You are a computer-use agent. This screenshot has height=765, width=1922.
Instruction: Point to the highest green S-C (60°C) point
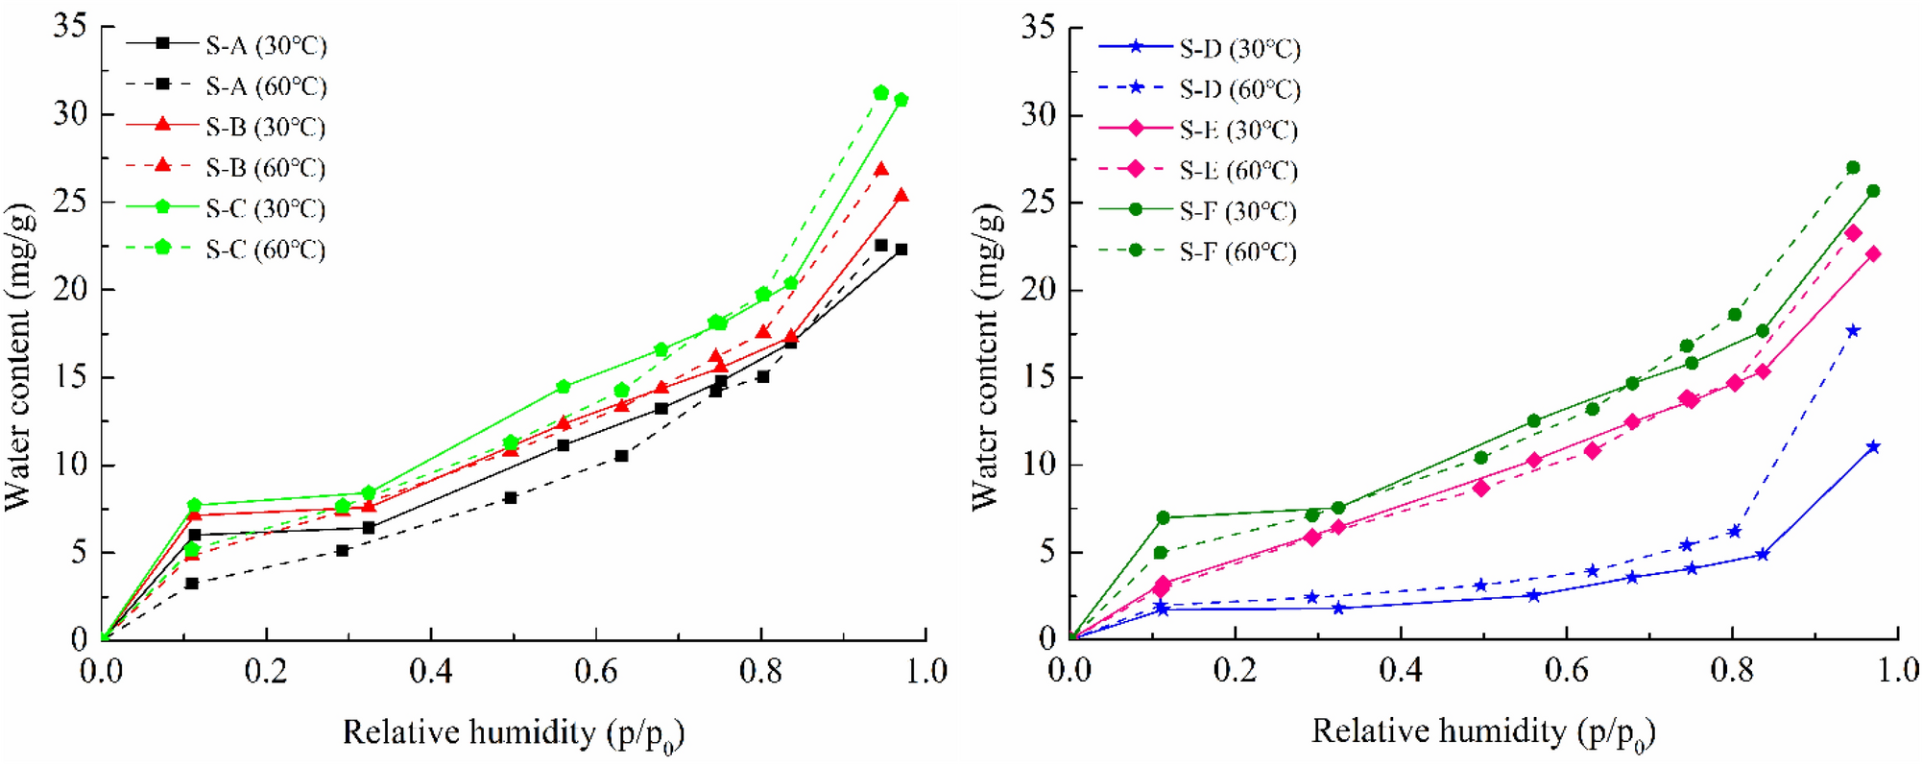coord(881,92)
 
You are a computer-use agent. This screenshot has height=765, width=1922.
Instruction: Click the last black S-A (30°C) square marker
coord(901,250)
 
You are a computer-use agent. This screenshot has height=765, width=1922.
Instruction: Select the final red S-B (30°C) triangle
coord(901,196)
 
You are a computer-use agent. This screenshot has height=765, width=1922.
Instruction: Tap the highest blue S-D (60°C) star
coord(1853,331)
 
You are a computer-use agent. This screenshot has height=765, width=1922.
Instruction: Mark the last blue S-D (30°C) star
coord(1873,447)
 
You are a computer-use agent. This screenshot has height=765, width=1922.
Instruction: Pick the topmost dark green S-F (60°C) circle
coord(1853,168)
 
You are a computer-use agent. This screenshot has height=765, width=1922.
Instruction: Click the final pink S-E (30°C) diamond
coord(1873,254)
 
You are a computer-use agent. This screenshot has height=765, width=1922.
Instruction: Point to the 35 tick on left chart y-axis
coord(69,26)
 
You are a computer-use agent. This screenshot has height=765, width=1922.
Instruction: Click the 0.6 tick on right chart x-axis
coord(1566,669)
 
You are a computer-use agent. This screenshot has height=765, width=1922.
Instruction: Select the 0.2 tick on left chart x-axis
coord(266,671)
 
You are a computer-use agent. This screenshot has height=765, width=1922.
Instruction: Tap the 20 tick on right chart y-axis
coord(1039,290)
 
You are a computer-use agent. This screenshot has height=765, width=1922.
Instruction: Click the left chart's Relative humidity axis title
coord(514,734)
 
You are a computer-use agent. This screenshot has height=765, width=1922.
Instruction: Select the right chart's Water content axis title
coord(986,357)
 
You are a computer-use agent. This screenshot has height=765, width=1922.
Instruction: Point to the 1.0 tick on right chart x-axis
coord(1897,669)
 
